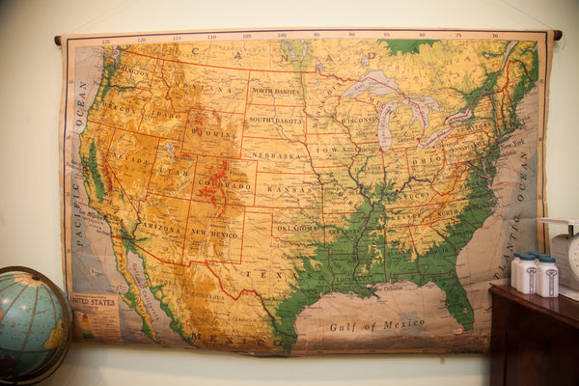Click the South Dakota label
pos(275,122)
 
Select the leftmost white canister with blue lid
pos(521,273)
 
